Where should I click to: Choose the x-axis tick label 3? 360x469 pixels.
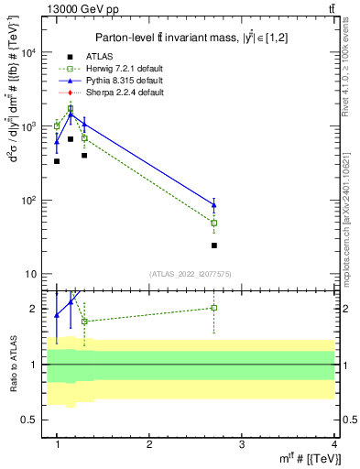(242, 444)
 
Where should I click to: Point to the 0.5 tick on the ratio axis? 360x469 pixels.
(28, 420)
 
